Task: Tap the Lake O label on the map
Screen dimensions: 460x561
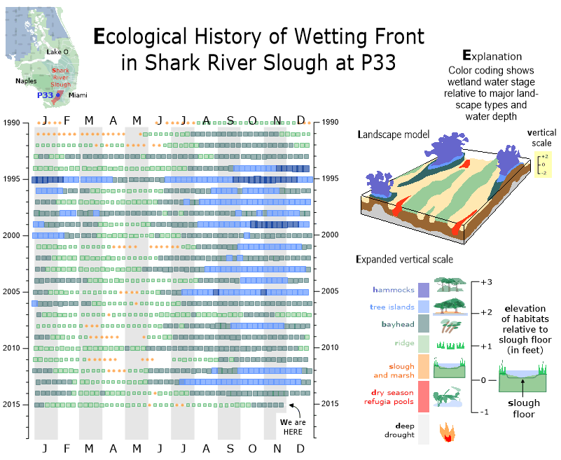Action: click(57, 53)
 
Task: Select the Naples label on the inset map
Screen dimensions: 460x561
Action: click(27, 81)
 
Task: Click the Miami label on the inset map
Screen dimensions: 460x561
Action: click(78, 95)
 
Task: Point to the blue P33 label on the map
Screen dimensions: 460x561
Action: click(45, 95)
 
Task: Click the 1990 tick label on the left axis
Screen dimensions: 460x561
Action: click(12, 123)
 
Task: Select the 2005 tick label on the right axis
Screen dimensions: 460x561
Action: click(331, 291)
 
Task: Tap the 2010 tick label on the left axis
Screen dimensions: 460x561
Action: click(12, 348)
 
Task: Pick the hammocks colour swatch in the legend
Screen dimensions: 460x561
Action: click(424, 290)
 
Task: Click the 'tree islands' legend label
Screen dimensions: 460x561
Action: click(392, 307)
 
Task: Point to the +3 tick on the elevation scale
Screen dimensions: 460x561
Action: click(488, 281)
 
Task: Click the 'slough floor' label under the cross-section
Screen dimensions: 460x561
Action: click(523, 408)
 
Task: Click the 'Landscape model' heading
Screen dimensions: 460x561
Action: click(391, 134)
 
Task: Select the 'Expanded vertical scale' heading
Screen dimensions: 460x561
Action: click(404, 260)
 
